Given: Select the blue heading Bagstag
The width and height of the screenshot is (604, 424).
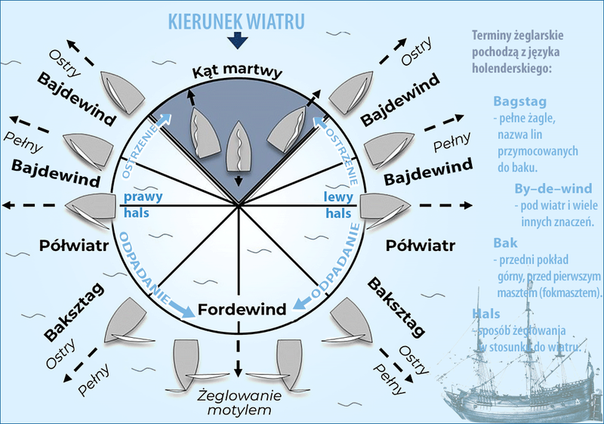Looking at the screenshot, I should point(519,101).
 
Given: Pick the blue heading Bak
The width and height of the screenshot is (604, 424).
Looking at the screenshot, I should point(505,243).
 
